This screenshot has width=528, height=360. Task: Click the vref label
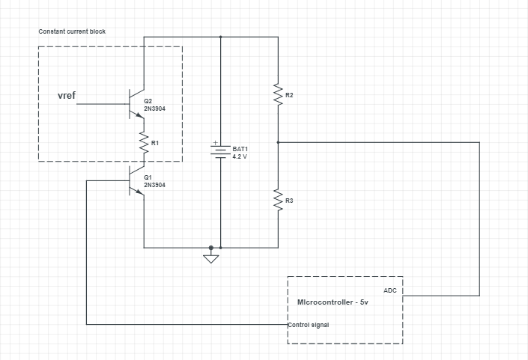click(67, 96)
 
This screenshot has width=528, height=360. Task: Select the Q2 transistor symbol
click(137, 104)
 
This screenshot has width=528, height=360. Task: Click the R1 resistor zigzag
click(143, 142)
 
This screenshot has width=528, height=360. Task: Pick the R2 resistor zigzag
click(278, 94)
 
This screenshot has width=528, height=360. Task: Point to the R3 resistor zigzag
click(278, 200)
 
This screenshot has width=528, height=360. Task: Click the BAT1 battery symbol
click(221, 153)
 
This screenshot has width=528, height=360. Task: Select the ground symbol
click(211, 259)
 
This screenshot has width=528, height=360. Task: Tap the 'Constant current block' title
click(72, 32)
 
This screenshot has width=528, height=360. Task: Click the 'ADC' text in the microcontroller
click(389, 290)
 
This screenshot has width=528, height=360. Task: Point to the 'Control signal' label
click(309, 325)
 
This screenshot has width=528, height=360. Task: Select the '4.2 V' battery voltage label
click(240, 157)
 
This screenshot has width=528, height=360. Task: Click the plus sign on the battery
click(216, 142)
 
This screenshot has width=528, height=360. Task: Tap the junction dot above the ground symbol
click(211, 247)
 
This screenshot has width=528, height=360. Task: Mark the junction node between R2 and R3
click(278, 141)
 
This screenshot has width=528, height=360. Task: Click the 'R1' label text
click(155, 142)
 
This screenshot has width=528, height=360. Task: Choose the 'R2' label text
click(289, 95)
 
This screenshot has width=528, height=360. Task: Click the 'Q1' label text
click(148, 177)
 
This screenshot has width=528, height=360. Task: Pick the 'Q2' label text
click(148, 101)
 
